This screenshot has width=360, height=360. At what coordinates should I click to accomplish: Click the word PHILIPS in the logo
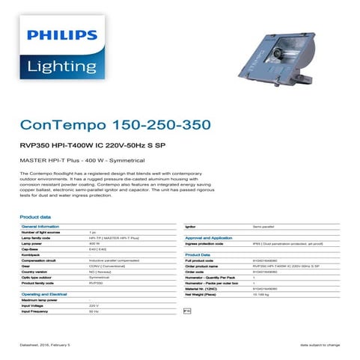click(63, 34)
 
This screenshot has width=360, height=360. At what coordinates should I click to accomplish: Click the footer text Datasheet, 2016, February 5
click(44, 345)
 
